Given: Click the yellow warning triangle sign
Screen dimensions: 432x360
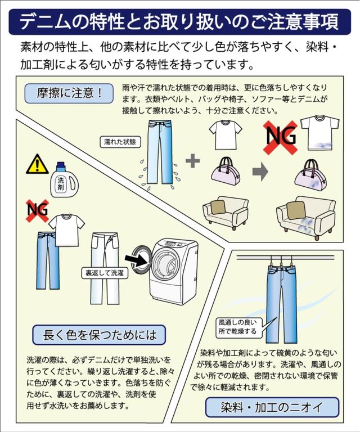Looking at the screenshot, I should pyautogui.click(x=37, y=164).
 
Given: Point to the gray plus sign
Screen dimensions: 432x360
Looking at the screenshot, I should pyautogui.click(x=192, y=161).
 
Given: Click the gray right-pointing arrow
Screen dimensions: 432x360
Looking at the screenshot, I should pyautogui.click(x=260, y=172).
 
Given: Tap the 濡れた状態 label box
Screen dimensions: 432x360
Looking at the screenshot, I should pyautogui.click(x=120, y=142).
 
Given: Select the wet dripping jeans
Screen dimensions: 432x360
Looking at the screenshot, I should pyautogui.click(x=160, y=152).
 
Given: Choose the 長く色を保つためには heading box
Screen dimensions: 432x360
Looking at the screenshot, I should pyautogui.click(x=100, y=336).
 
